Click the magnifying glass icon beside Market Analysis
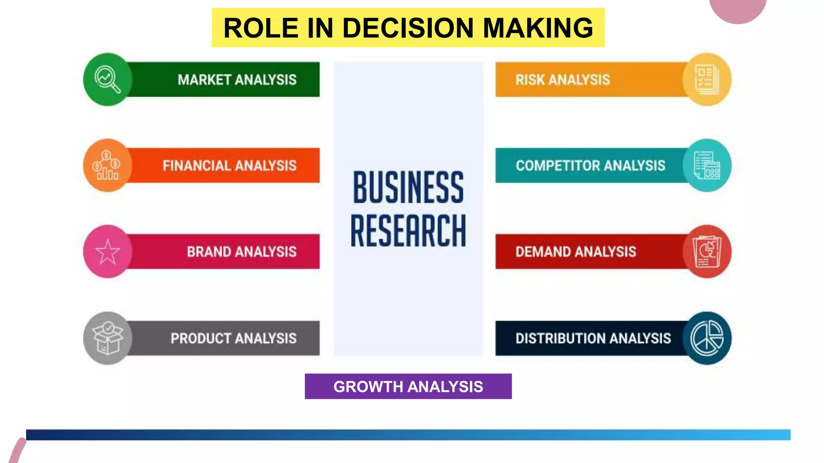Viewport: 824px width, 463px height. tap(107, 79)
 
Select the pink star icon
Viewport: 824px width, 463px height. tap(107, 252)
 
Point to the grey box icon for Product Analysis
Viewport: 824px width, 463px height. tap(107, 338)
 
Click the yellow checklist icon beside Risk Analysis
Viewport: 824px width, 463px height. tap(707, 79)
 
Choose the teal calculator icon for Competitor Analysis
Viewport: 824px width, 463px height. tap(707, 165)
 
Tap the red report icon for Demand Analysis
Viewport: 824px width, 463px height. tap(707, 252)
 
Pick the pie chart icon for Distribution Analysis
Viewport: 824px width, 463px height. tap(707, 338)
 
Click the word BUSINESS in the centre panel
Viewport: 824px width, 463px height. tap(408, 187)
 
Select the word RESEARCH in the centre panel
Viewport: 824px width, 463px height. tap(408, 231)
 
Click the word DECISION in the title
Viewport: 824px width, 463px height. tap(408, 28)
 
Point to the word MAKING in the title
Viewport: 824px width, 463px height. tap(538, 28)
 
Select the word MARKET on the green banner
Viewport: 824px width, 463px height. tap(204, 80)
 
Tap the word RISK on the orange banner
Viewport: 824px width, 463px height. tap(530, 80)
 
